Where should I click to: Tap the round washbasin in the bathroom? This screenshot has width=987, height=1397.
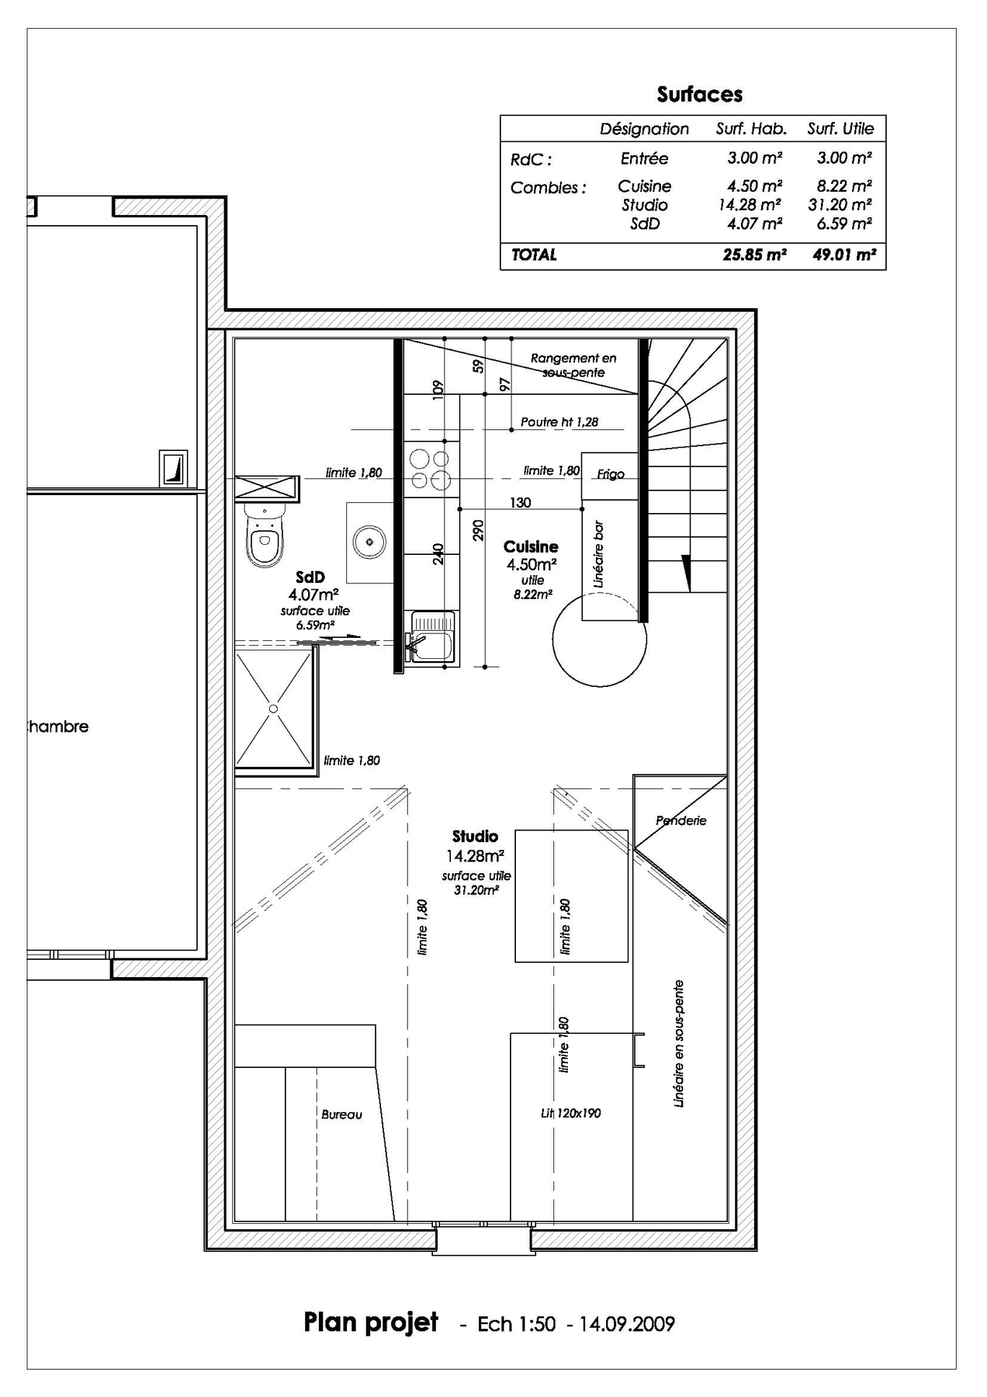click(369, 540)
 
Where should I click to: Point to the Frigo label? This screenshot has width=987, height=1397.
click(610, 474)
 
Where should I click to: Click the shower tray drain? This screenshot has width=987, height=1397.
click(273, 708)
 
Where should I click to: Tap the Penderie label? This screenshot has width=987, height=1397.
click(681, 820)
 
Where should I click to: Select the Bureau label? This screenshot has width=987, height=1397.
click(341, 1114)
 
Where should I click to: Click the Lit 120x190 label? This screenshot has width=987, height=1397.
click(570, 1113)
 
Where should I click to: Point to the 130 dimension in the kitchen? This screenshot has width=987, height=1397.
click(521, 503)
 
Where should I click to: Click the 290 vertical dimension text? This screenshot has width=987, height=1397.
click(478, 530)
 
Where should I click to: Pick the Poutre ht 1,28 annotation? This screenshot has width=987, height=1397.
click(559, 422)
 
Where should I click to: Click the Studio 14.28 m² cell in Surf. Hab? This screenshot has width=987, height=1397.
click(750, 205)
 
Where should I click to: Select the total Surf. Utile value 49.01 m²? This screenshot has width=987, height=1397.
click(844, 255)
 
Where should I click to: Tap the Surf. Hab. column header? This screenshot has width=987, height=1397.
click(750, 129)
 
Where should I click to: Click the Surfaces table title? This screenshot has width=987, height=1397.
click(699, 95)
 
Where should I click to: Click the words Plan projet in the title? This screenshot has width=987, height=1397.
click(371, 1322)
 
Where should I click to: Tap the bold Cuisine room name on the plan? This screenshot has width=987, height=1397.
click(531, 547)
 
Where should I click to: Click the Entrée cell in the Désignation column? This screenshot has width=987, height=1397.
click(644, 158)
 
